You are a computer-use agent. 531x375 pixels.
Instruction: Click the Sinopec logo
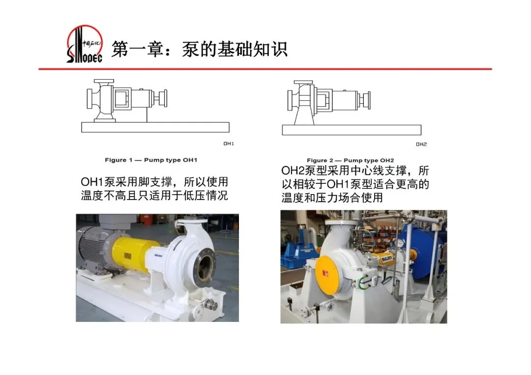pyautogui.click(x=85, y=44)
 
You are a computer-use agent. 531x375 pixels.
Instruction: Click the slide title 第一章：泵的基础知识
pyautogui.click(x=200, y=50)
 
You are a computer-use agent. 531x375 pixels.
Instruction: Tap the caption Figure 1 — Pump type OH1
pyautogui.click(x=151, y=160)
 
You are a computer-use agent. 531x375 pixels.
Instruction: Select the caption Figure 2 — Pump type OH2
pyautogui.click(x=351, y=160)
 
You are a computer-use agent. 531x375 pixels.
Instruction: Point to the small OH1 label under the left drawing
pyautogui.click(x=229, y=144)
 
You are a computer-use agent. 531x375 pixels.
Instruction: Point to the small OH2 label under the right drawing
pyautogui.click(x=421, y=144)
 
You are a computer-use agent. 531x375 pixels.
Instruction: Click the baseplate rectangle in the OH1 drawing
pyautogui.click(x=155, y=127)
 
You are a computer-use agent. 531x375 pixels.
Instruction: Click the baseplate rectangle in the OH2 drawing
pyautogui.click(x=352, y=130)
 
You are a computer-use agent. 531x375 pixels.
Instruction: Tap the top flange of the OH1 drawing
pyautogui.click(x=104, y=81)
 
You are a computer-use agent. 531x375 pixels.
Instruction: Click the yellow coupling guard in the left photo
pyautogui.click(x=134, y=255)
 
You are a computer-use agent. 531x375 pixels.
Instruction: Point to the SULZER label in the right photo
pyautogui.click(x=387, y=259)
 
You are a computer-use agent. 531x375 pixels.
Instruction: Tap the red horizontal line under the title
pyautogui.click(x=265, y=69)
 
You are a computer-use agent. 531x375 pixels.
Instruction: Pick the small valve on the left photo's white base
pyautogui.click(x=210, y=305)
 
